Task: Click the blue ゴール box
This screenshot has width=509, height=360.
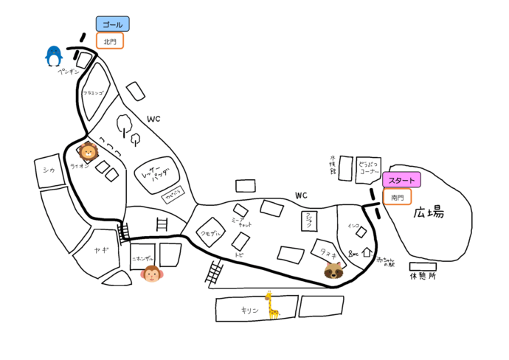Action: pyautogui.click(x=112, y=24)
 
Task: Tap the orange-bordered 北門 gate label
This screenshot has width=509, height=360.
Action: pyautogui.click(x=110, y=42)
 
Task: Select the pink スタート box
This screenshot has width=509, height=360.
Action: pyautogui.click(x=401, y=181)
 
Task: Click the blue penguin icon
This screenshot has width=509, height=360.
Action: pyautogui.click(x=53, y=56)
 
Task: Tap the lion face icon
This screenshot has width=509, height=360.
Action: pyautogui.click(x=89, y=152)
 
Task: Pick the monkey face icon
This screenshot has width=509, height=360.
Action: pyautogui.click(x=151, y=274)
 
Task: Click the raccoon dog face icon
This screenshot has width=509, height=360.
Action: pyautogui.click(x=333, y=271)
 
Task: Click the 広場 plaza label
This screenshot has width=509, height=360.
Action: pyautogui.click(x=429, y=213)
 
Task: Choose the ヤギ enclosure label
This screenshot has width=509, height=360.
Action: pyautogui.click(x=101, y=251)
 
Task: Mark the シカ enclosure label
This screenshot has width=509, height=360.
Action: pyautogui.click(x=49, y=170)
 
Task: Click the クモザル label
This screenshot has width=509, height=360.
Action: pyautogui.click(x=210, y=233)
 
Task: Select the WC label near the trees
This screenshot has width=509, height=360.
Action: pyautogui.click(x=153, y=119)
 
